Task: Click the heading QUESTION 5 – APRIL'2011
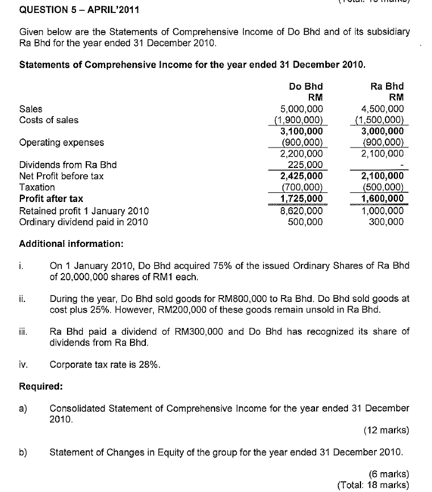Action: [x=73, y=10]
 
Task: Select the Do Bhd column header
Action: [x=305, y=86]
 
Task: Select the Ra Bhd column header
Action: [x=387, y=86]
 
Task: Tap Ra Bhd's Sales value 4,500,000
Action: [x=383, y=109]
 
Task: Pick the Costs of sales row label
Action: [x=49, y=120]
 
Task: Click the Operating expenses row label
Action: [x=61, y=142]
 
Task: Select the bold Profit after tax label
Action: [x=51, y=199]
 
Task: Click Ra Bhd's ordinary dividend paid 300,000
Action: [x=387, y=222]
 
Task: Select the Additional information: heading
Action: [x=71, y=244]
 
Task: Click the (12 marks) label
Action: [x=386, y=430]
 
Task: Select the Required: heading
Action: [x=41, y=386]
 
